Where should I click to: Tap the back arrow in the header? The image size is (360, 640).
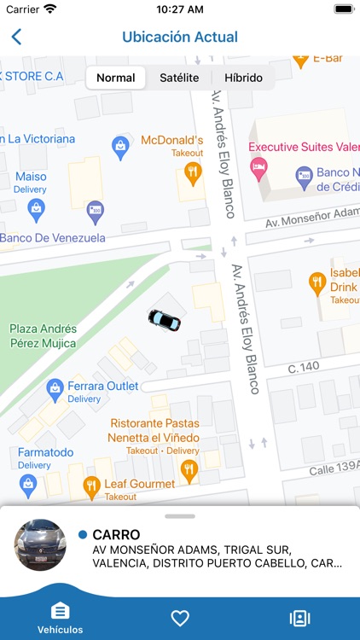pyautogui.click(x=16, y=37)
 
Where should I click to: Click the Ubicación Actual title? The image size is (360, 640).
pyautogui.click(x=180, y=37)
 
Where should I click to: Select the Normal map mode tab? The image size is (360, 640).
pyautogui.click(x=116, y=78)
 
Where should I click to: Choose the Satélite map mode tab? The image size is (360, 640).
pyautogui.click(x=179, y=78)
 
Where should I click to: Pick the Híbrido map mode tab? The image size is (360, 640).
pyautogui.click(x=243, y=78)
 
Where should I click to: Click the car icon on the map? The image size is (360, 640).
pyautogui.click(x=165, y=319)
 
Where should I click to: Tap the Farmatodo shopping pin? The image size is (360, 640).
pyautogui.click(x=28, y=484)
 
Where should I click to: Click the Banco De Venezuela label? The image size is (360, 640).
pyautogui.click(x=53, y=237)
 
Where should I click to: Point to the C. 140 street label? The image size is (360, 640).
pyautogui.click(x=302, y=367)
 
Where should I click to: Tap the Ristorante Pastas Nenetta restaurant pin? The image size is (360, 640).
pyautogui.click(x=189, y=468)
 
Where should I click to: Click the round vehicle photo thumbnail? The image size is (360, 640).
pyautogui.click(x=40, y=545)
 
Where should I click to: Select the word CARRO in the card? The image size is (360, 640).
pyautogui.click(x=116, y=534)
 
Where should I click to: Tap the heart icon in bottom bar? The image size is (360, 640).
pyautogui.click(x=180, y=618)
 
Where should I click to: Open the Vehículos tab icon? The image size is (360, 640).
pyautogui.click(x=61, y=612)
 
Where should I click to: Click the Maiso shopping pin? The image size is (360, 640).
pyautogui.click(x=36, y=207)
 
